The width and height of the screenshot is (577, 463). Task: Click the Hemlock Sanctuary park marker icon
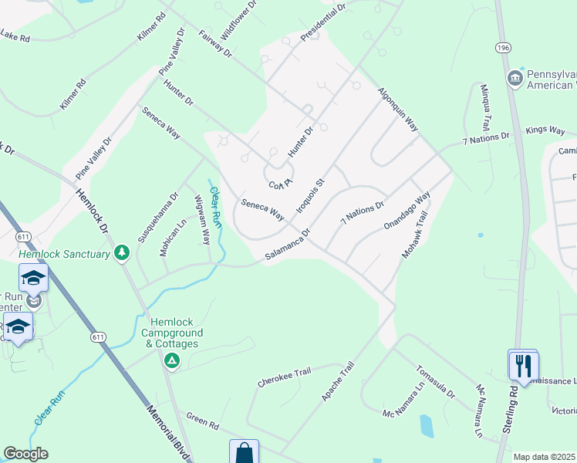[122, 253]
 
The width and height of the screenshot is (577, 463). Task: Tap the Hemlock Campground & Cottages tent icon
[171, 360]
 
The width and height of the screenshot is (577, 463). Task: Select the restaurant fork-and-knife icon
[525, 364]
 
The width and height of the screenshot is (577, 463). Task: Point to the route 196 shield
[504, 48]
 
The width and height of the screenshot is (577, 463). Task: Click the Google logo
[25, 454]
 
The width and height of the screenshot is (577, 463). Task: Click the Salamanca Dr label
[288, 244]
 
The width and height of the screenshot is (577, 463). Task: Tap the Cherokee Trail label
[284, 377]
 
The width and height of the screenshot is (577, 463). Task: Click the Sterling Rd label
[513, 417]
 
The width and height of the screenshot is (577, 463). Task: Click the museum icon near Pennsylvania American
[515, 78]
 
